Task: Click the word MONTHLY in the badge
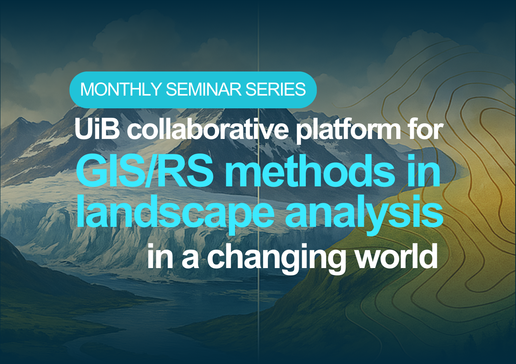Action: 120,89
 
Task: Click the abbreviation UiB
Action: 97,129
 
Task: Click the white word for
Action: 425,129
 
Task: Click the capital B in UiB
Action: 112,129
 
